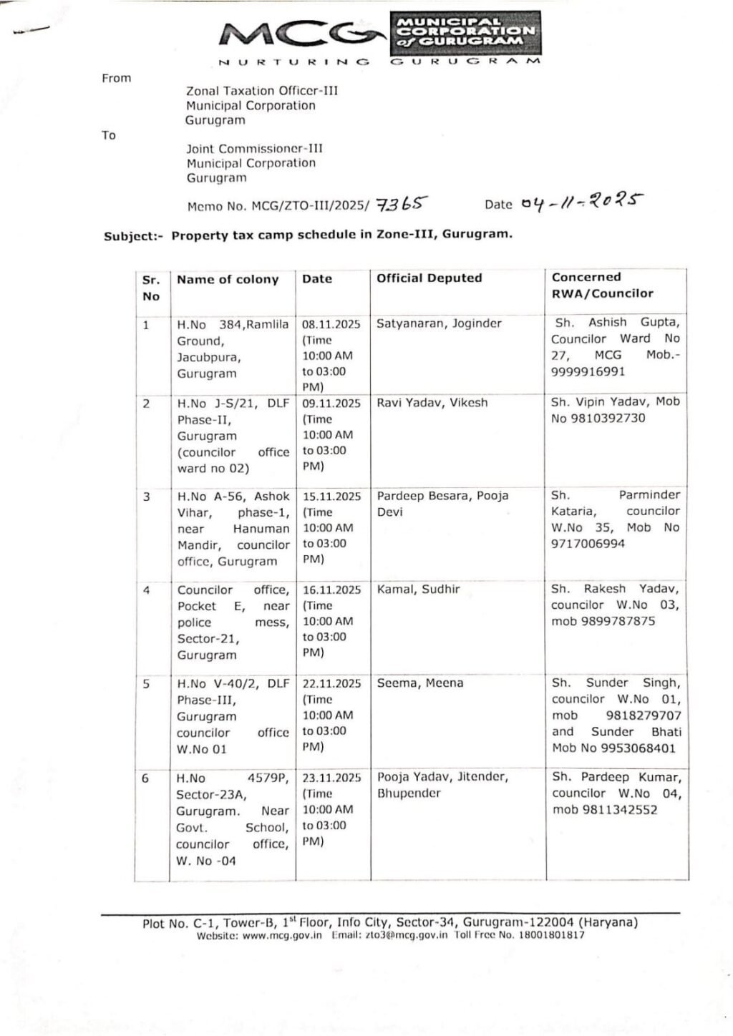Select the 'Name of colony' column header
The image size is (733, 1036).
(x=228, y=280)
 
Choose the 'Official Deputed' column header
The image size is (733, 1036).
(x=429, y=278)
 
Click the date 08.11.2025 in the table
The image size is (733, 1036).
(x=331, y=324)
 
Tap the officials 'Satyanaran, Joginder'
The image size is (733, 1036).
(x=440, y=323)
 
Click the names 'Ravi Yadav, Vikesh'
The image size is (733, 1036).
(x=432, y=403)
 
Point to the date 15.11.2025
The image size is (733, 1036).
(x=331, y=497)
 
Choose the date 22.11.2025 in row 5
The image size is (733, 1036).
(x=331, y=684)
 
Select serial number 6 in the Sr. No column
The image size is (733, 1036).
(x=145, y=778)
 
